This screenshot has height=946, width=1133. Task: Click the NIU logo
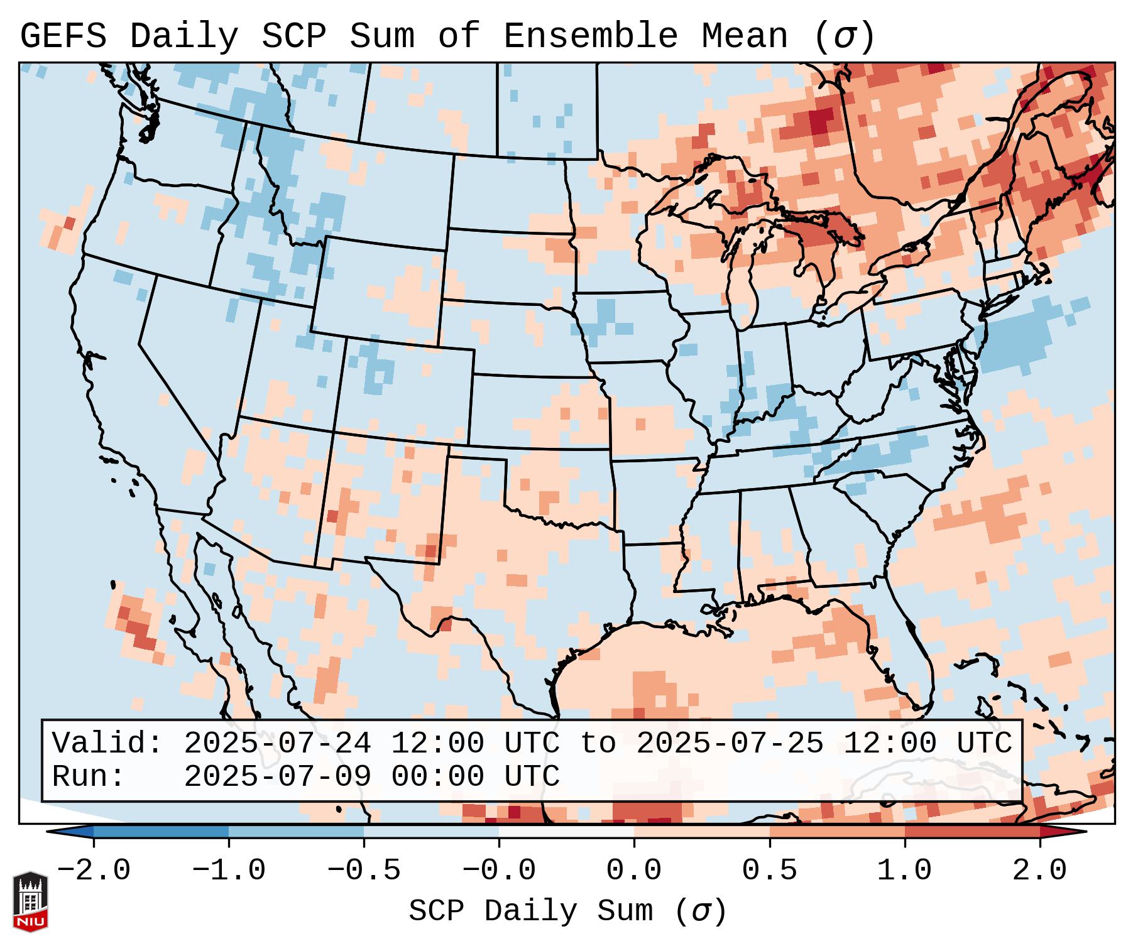pos(30,901)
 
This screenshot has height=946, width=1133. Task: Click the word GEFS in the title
pos(63,36)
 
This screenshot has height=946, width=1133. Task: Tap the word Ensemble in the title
pos(590,36)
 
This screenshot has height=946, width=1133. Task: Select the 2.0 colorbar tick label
pos(1039,871)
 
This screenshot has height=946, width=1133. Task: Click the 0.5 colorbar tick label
pos(769,871)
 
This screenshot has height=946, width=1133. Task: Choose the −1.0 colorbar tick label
pos(228,871)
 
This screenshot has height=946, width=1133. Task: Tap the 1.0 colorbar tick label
pos(904,871)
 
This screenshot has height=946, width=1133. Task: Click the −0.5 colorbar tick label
pos(363,871)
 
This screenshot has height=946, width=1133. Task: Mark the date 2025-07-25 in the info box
pos(730,744)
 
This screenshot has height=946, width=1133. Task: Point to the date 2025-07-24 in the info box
pos(277,744)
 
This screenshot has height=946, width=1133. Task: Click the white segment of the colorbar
pos(566,832)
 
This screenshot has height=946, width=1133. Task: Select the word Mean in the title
pos(744,36)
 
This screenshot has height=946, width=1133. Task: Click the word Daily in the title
pos(184,36)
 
